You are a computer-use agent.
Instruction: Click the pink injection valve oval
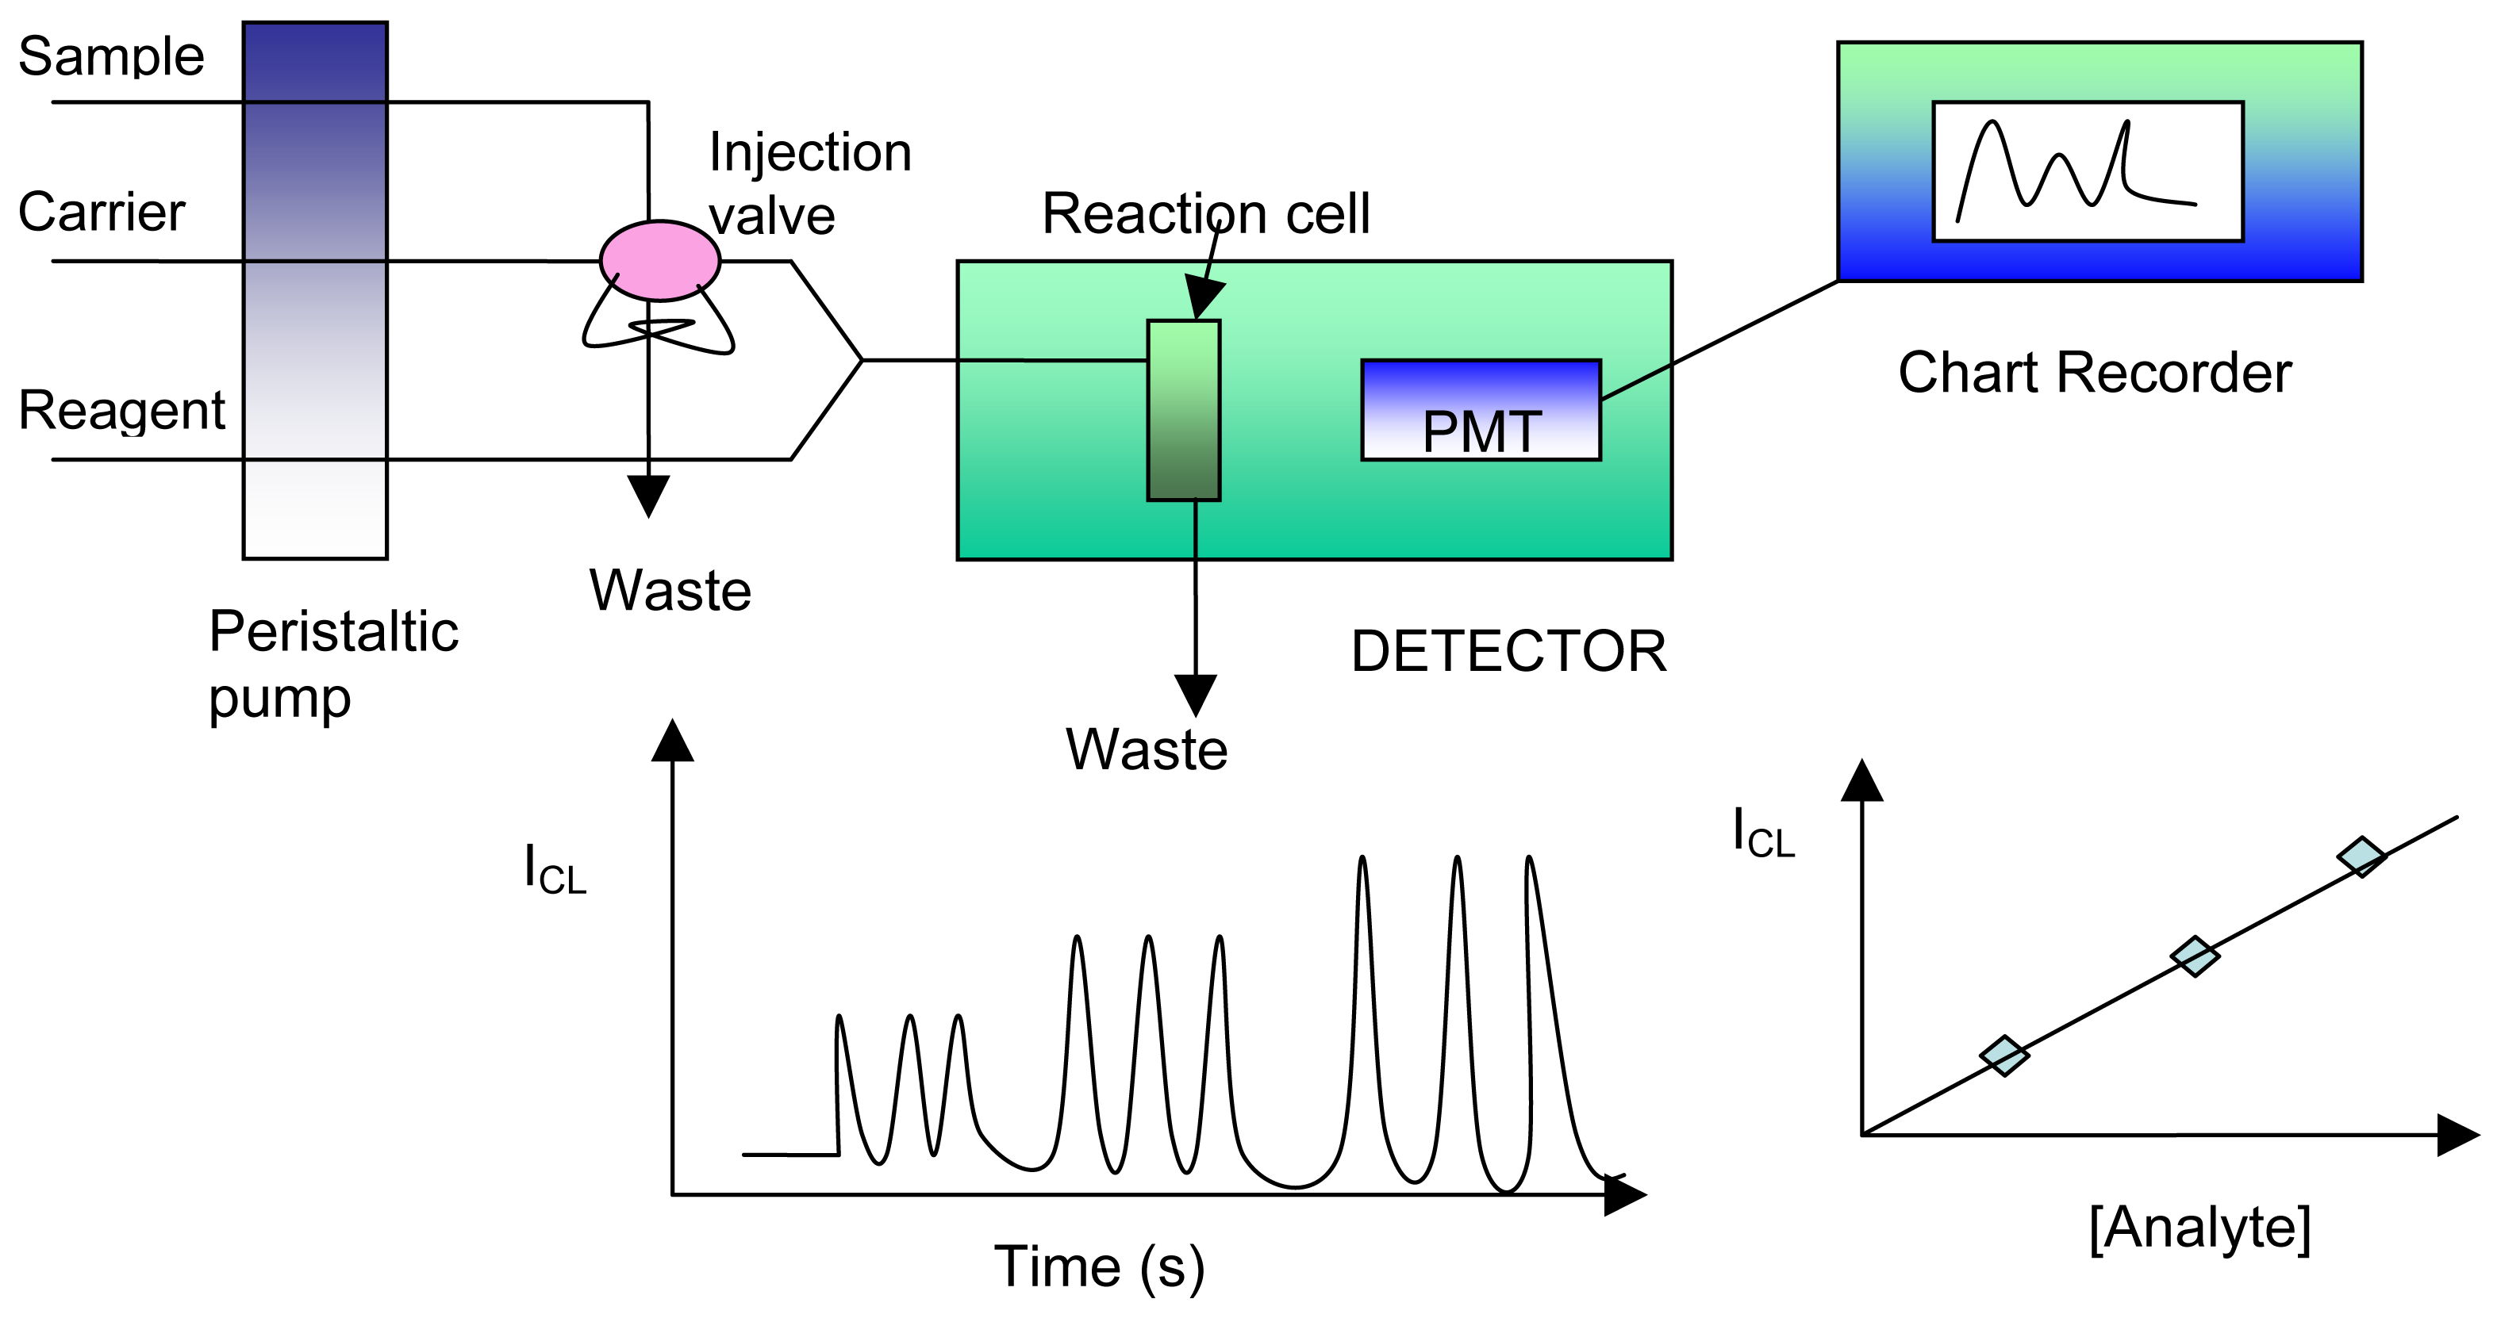click(x=659, y=260)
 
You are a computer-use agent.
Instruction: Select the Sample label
click(x=110, y=56)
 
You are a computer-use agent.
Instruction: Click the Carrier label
click(x=101, y=212)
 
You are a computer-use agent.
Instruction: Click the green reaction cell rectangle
click(x=1184, y=411)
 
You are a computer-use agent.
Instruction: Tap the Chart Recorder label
click(x=2094, y=373)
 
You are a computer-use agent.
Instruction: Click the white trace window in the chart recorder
click(x=2088, y=170)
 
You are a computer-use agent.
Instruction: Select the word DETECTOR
click(x=1508, y=650)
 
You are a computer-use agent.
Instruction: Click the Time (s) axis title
click(x=1099, y=1266)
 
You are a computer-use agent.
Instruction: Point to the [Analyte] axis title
click(x=2199, y=1228)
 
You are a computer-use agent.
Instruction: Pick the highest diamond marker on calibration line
click(x=2361, y=856)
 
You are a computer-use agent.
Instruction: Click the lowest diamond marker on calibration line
click(x=2004, y=1055)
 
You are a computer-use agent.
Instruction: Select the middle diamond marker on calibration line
click(x=2194, y=956)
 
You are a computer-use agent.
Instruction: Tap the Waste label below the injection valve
click(x=670, y=590)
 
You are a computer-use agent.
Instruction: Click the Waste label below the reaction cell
click(x=1147, y=749)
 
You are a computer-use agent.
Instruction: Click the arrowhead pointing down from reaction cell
click(x=1196, y=695)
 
